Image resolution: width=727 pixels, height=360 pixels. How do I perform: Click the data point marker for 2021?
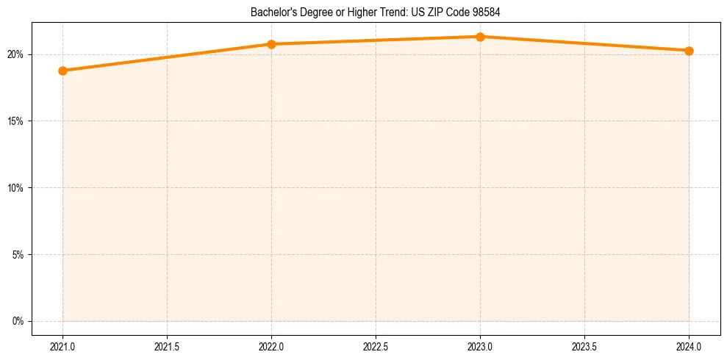[x=62, y=71]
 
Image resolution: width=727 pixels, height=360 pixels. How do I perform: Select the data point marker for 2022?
[x=271, y=44]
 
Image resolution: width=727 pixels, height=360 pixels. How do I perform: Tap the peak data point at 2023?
[x=480, y=37]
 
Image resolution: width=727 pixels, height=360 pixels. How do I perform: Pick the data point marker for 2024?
[x=689, y=51]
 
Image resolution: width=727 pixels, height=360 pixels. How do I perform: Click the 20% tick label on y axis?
[x=16, y=54]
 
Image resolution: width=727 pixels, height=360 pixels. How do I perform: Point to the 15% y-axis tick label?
[x=16, y=121]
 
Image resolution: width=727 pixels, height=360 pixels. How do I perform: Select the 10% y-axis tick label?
[x=16, y=188]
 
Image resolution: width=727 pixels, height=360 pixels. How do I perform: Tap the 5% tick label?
[x=18, y=255]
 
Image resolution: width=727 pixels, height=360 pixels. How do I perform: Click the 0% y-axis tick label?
[x=18, y=321]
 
